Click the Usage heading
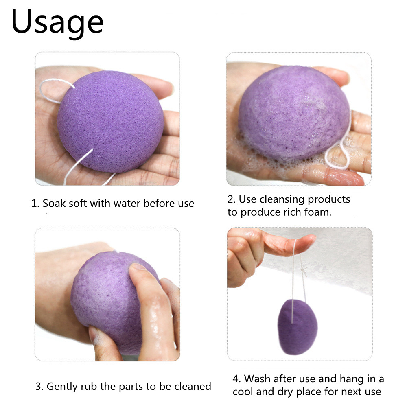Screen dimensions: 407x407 (x=57, y=23)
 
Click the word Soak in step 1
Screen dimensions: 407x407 (x=56, y=203)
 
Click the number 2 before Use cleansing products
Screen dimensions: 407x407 (x=230, y=199)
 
